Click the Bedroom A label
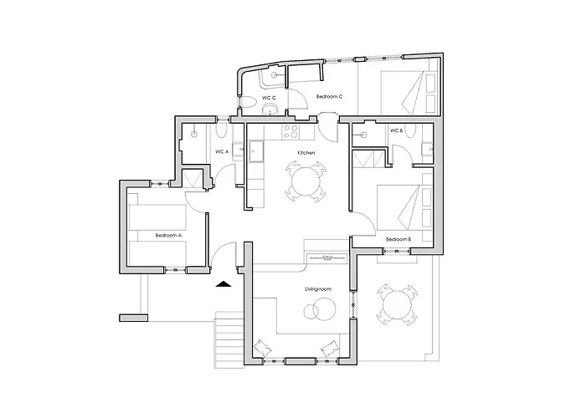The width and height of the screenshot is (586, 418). [168, 236]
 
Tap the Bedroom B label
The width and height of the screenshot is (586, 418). [398, 239]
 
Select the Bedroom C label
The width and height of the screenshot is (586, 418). [329, 96]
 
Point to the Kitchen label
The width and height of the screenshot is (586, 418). [306, 153]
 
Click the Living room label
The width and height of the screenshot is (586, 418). [318, 289]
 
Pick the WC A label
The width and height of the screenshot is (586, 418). [222, 152]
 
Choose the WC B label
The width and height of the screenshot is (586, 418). [396, 130]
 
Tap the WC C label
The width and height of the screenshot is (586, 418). [269, 98]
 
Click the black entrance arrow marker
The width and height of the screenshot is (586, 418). [224, 284]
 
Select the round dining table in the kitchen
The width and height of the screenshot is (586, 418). [306, 181]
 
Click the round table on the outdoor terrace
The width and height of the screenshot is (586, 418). [397, 305]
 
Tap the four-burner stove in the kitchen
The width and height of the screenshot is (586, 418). [291, 131]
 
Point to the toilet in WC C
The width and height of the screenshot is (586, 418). [247, 102]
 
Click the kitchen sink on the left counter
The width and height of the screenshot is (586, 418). [255, 151]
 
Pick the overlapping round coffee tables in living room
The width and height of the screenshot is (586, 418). [320, 309]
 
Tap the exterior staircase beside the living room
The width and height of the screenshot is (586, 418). [229, 339]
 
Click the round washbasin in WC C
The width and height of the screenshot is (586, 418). [270, 110]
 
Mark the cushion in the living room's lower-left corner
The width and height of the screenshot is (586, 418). [263, 348]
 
